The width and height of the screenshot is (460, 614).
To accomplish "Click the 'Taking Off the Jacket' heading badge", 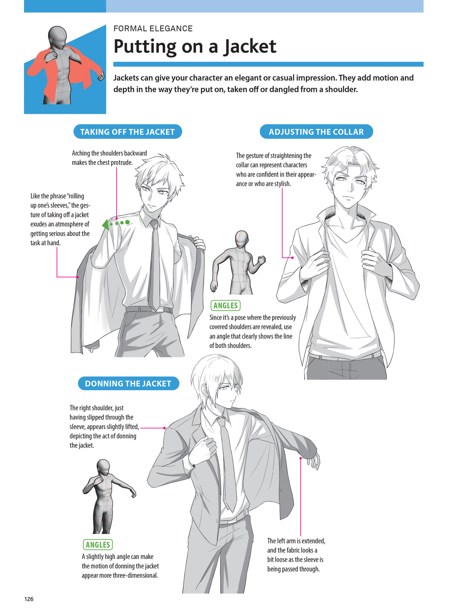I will [x=127, y=132].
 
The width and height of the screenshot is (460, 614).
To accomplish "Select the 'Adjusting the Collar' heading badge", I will [x=316, y=132].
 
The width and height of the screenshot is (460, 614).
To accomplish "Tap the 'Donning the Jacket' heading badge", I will [x=128, y=383].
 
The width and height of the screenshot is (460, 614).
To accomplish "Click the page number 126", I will [x=29, y=599].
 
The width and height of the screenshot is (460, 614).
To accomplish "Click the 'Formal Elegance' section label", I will [x=153, y=29].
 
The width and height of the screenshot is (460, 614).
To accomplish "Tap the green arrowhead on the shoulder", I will [x=106, y=225].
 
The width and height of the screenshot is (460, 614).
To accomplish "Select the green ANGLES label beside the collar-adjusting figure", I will [x=225, y=306].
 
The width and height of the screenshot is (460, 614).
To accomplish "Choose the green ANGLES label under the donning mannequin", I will [x=98, y=545].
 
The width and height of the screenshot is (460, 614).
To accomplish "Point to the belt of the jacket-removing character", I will [x=149, y=309].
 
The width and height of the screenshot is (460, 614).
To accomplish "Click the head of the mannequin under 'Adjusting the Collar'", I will [x=242, y=239].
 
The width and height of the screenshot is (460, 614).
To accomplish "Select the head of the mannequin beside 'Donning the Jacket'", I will [x=103, y=467].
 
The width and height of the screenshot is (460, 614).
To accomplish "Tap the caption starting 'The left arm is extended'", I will [x=296, y=555].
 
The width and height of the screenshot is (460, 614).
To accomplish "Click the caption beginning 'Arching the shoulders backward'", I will [x=109, y=158].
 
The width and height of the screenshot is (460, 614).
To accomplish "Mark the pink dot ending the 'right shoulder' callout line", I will [x=164, y=428].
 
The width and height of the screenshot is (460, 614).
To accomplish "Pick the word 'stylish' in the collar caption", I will [x=282, y=184].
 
